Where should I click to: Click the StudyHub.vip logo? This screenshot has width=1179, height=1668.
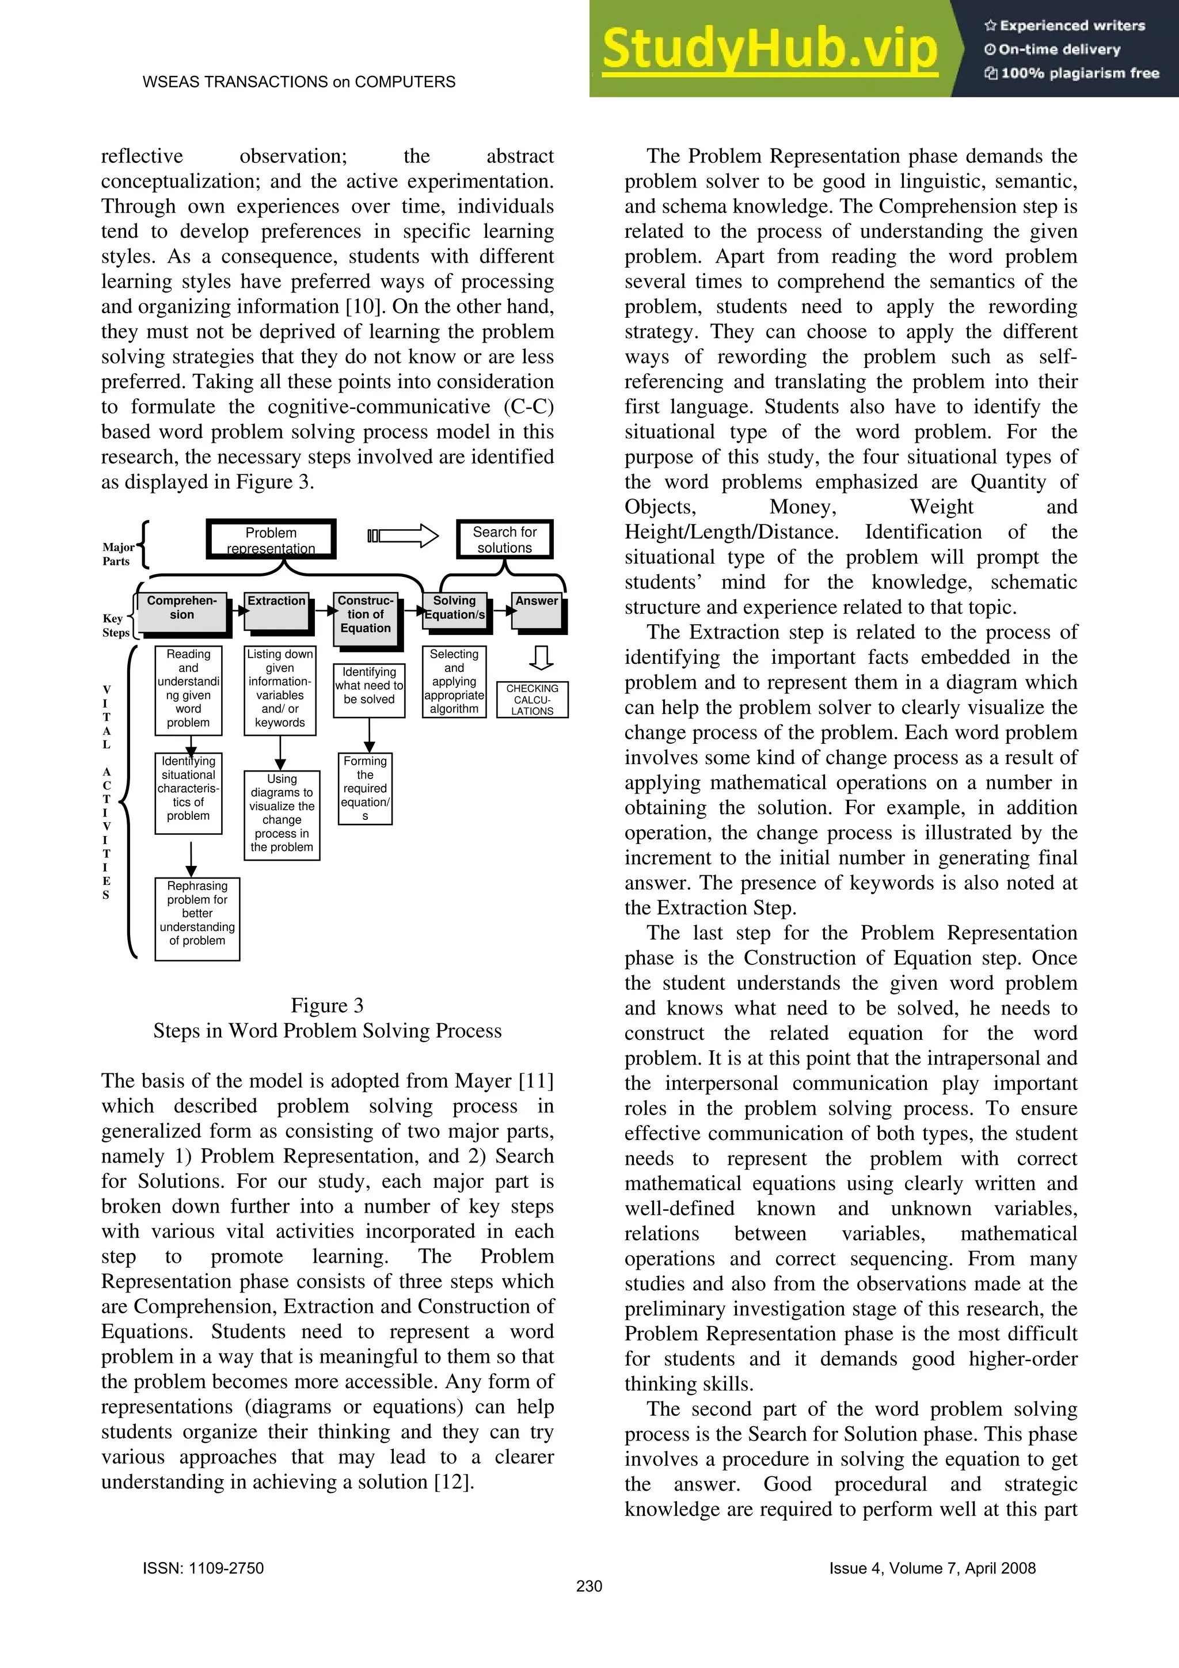(x=769, y=50)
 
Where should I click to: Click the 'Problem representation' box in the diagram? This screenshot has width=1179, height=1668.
(x=271, y=539)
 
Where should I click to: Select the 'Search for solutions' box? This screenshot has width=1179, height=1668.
(x=504, y=539)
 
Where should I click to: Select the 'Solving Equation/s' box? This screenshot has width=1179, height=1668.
(x=454, y=609)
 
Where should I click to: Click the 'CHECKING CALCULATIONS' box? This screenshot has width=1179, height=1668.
(x=532, y=699)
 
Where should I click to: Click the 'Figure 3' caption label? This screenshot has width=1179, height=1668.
(x=327, y=1005)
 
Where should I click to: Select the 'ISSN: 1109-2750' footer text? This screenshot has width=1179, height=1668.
(x=203, y=1568)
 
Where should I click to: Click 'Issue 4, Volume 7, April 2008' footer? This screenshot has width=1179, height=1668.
(x=932, y=1568)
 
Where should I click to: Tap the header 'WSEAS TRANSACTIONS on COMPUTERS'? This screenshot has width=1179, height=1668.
(x=299, y=82)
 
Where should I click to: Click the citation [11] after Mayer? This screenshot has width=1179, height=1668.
(x=536, y=1081)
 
